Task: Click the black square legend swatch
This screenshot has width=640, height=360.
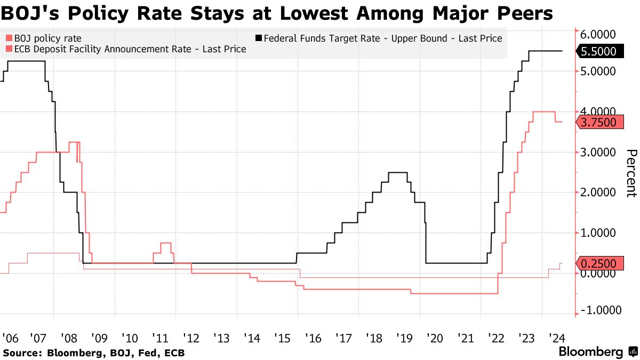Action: point(259,38)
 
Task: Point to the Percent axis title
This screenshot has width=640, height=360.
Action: point(631,173)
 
